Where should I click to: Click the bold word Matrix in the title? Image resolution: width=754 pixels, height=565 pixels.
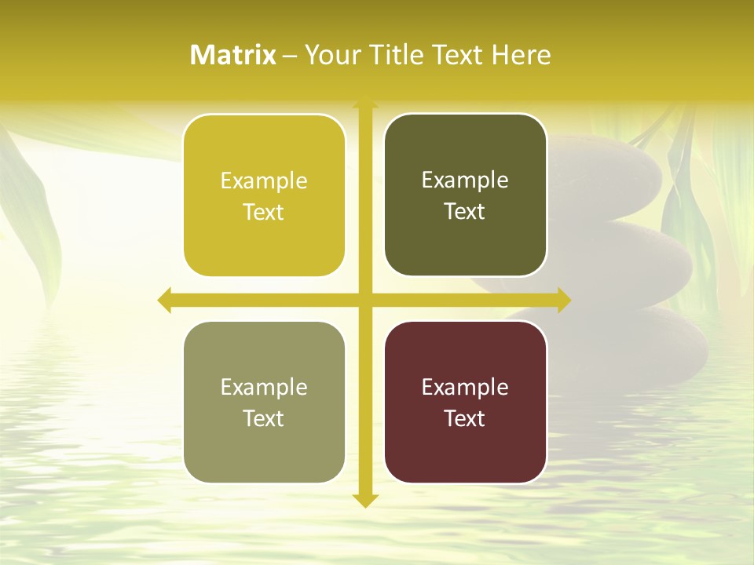233,55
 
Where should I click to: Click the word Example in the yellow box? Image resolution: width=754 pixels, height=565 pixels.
264,181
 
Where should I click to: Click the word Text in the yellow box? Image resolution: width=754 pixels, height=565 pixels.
264,212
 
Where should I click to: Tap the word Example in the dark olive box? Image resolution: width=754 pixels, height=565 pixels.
465,180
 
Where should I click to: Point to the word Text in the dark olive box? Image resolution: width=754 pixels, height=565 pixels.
465,211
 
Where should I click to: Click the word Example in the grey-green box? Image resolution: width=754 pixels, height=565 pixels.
264,388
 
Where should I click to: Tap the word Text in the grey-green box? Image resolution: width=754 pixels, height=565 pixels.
264,418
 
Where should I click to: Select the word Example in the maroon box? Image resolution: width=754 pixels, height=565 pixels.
465,388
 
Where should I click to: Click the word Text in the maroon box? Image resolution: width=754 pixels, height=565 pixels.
465,418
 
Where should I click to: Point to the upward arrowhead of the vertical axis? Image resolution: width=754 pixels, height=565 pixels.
365,104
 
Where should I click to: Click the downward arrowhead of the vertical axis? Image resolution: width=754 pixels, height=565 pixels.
365,500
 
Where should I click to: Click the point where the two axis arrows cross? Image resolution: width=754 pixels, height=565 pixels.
365,300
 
